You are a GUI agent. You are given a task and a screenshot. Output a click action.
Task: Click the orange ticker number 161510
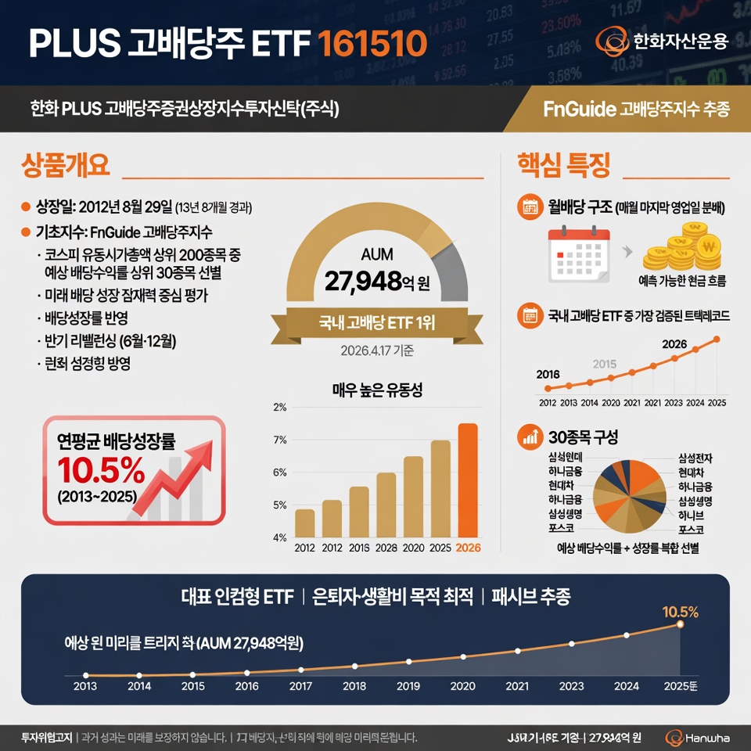tap(373, 42)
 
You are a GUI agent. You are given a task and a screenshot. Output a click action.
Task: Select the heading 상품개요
tap(65, 166)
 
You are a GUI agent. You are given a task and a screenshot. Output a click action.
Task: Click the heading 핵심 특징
tap(563, 166)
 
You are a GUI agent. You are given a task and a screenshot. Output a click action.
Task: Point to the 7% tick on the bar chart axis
tap(280, 440)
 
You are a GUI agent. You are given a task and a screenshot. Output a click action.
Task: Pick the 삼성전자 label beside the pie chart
tap(695, 458)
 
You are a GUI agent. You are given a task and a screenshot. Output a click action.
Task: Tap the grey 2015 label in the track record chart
tap(605, 364)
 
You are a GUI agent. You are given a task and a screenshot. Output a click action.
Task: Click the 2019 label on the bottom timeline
tap(408, 686)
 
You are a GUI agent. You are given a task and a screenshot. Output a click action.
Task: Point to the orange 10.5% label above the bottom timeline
tap(680, 611)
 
